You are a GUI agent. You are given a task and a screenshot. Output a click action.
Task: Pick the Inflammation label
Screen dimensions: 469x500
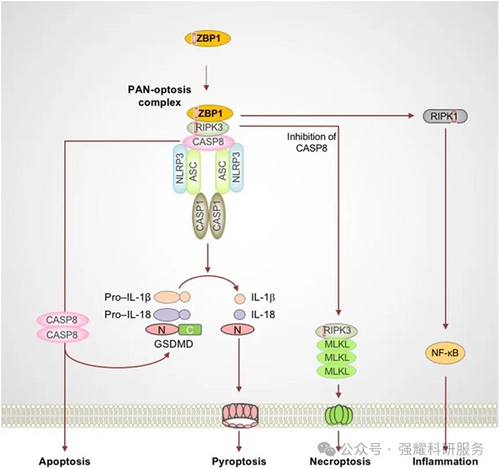pos(447,461)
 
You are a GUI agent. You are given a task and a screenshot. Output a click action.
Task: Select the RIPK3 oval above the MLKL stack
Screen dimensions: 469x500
pos(337,331)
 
